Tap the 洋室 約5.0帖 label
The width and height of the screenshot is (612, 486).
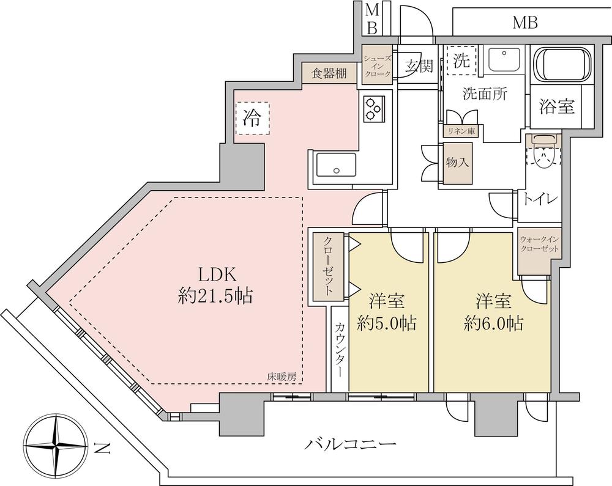386,312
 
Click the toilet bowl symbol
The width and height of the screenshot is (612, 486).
543,152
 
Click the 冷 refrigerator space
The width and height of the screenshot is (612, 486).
252,118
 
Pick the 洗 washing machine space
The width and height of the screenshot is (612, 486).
461,61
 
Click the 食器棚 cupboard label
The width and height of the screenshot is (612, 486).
330,73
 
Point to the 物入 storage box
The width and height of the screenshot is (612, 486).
457,163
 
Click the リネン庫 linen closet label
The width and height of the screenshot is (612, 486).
461,131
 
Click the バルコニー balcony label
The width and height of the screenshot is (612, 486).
350,444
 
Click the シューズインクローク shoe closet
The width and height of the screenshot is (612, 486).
377,65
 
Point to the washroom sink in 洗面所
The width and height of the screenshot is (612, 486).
504,60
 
